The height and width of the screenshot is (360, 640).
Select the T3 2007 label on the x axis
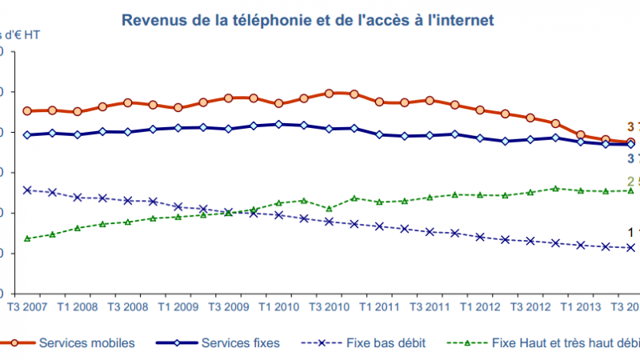pos(26,308)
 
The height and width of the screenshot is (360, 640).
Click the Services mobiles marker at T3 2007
pos(27,111)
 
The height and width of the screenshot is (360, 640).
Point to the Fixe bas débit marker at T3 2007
pos(27,190)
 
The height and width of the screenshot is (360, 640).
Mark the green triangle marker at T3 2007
pos(27,238)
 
